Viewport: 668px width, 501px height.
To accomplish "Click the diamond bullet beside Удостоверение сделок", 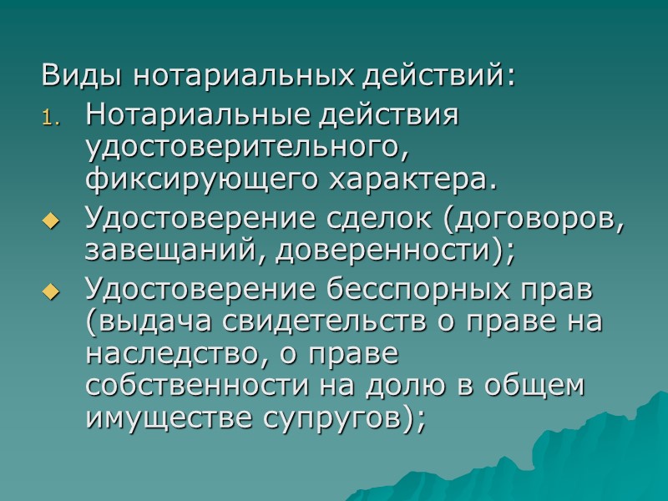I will point(53,221).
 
